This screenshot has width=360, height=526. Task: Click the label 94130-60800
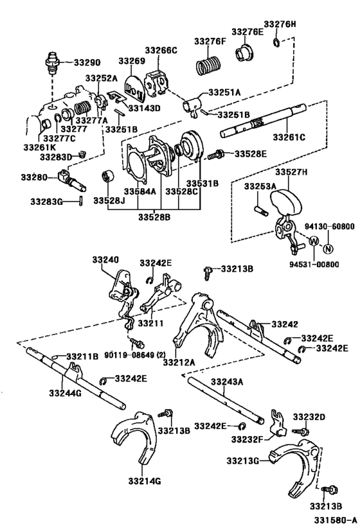coord(329,227)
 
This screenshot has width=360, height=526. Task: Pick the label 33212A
coord(179,362)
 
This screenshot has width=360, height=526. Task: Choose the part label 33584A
coord(139,191)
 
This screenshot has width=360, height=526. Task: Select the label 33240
coord(105,260)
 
